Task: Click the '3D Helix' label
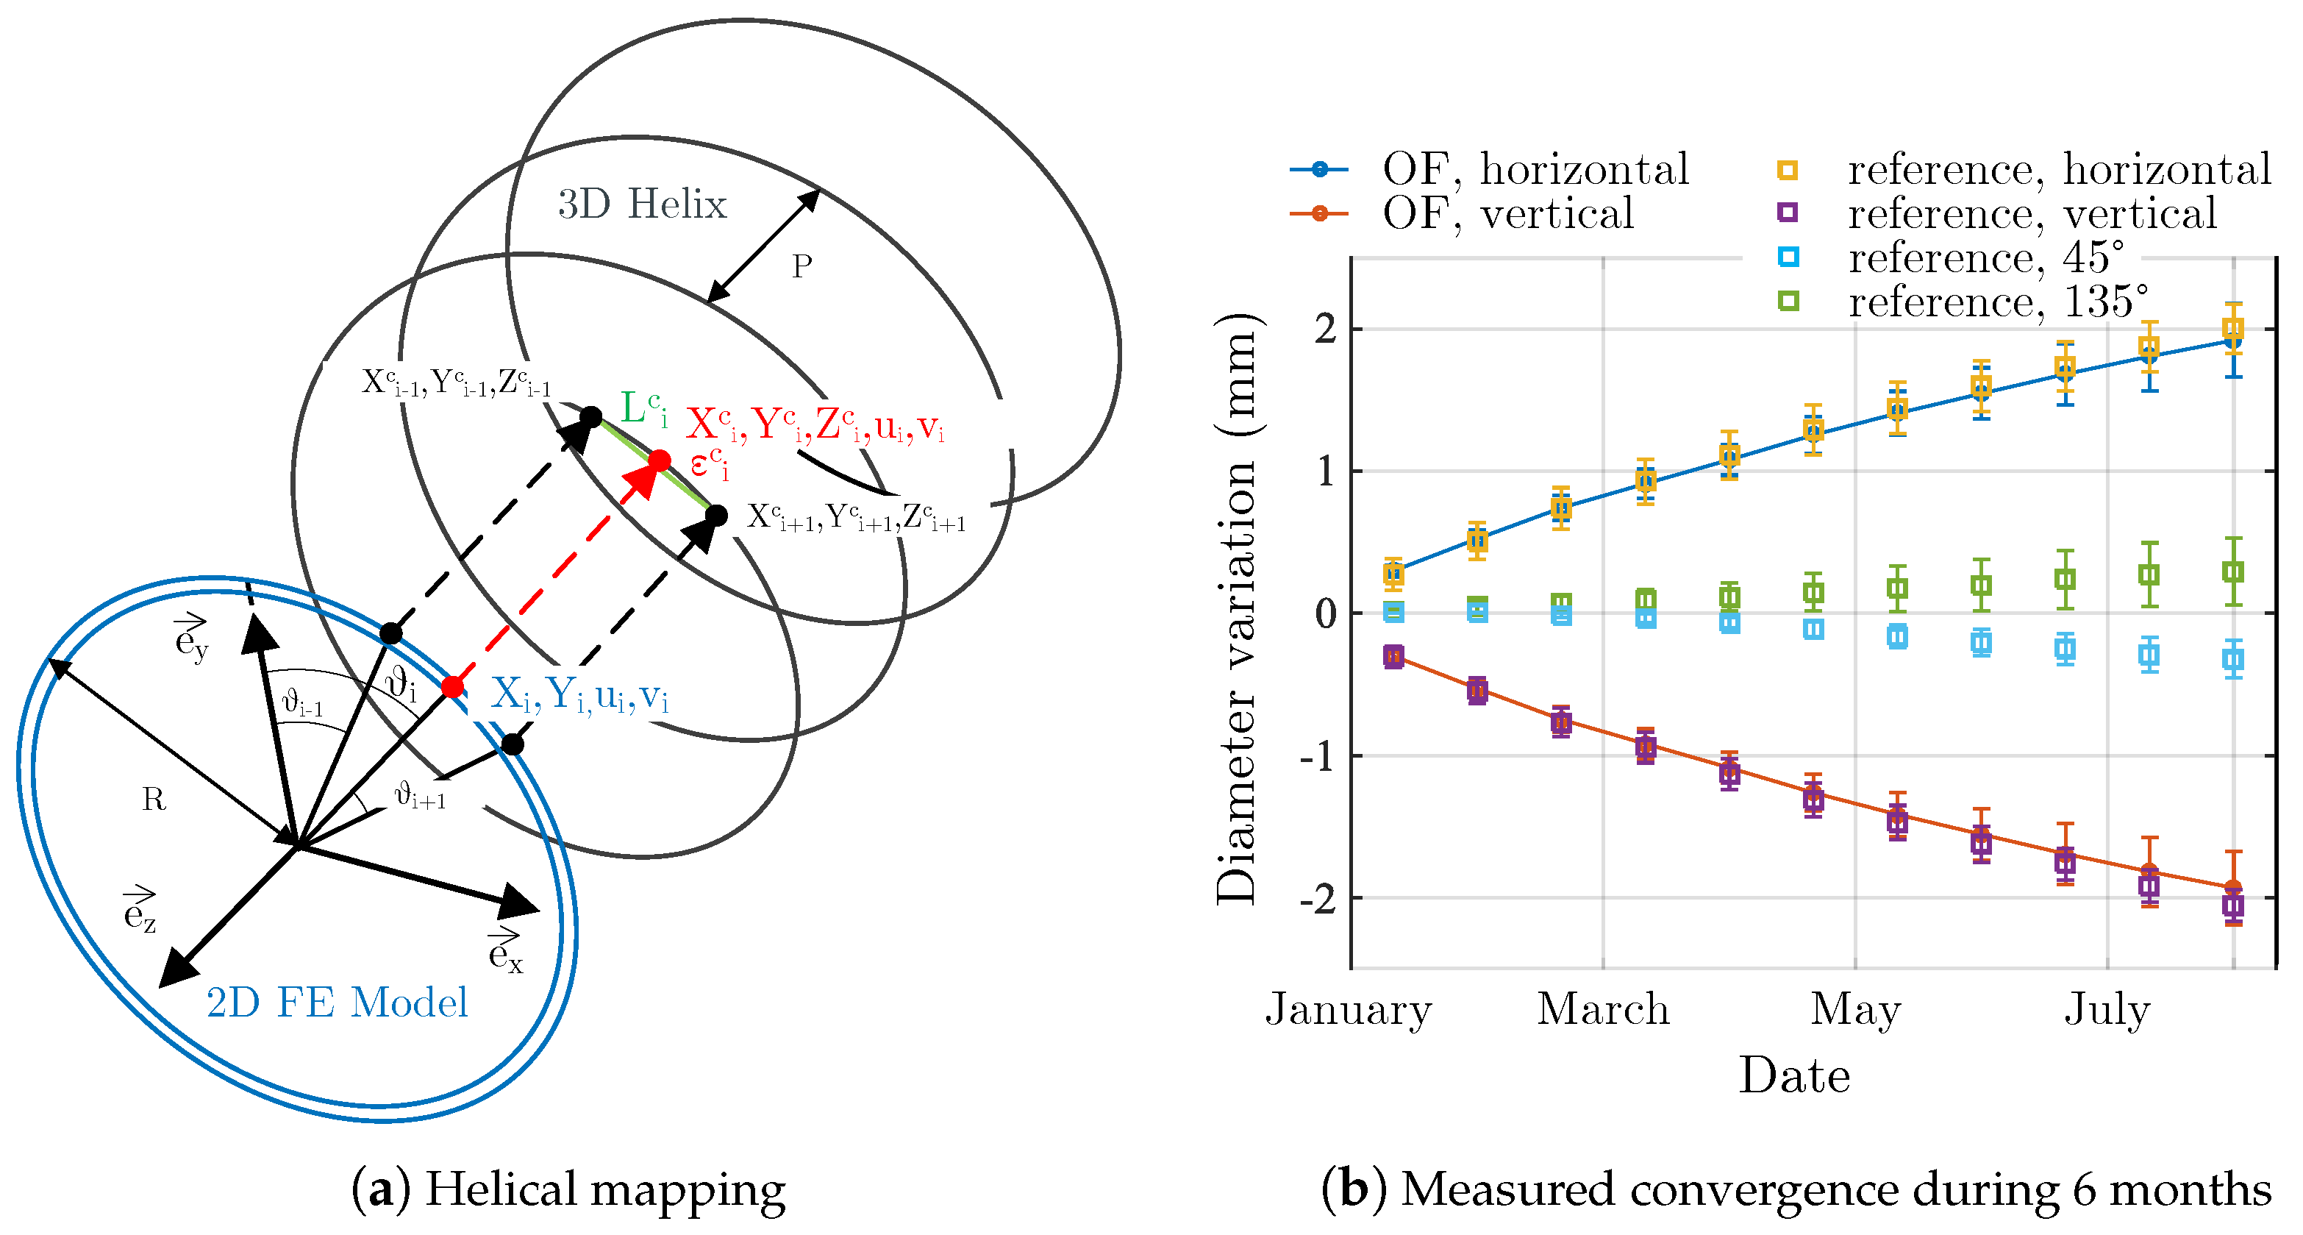(x=642, y=204)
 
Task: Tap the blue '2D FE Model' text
(x=337, y=1003)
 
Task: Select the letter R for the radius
(x=154, y=799)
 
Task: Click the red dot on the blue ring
(x=452, y=687)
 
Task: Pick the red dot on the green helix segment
(x=659, y=460)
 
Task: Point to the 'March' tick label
(x=1603, y=1008)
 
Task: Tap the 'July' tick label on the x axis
(x=2107, y=1008)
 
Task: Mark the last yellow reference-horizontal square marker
(x=2232, y=328)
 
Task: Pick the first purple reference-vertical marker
(x=1393, y=656)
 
